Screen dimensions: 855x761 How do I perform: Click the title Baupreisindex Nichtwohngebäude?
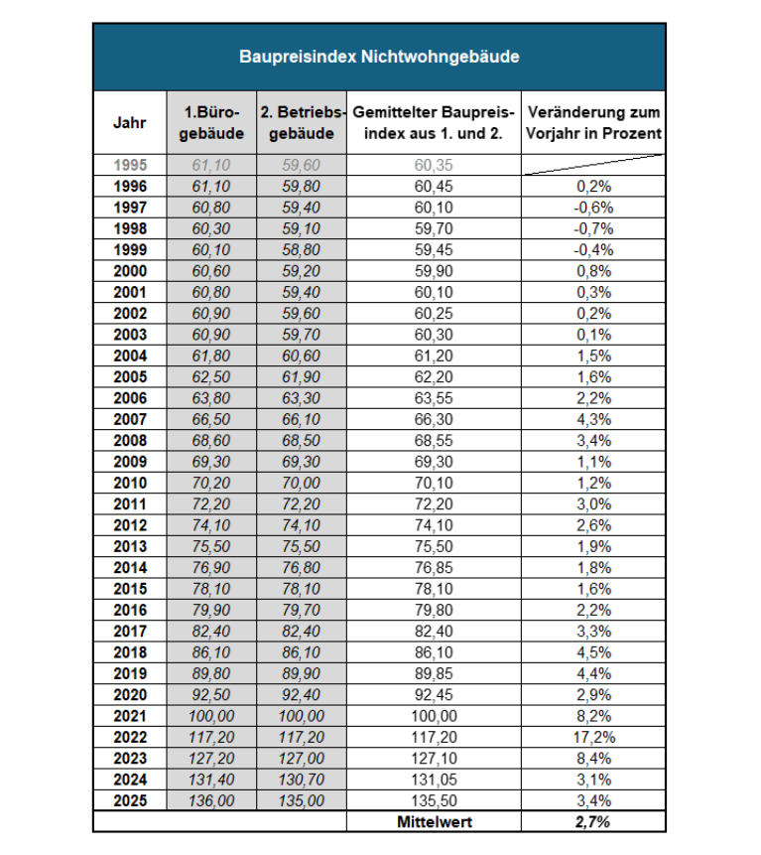[379, 57]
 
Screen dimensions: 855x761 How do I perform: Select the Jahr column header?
[129, 123]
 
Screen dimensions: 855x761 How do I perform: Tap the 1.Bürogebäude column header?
[210, 123]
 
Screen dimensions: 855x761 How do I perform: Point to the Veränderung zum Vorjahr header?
[593, 123]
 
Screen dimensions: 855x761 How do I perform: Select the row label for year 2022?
[130, 737]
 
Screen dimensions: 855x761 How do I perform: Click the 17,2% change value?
[593, 737]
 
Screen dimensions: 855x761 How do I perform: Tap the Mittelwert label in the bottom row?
[434, 821]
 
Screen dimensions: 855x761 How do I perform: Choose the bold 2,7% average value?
[593, 821]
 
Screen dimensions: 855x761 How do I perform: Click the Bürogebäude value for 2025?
[210, 800]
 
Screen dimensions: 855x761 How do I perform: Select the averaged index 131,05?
[434, 780]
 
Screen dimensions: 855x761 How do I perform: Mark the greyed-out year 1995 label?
[130, 165]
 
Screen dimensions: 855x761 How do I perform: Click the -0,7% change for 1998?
[593, 228]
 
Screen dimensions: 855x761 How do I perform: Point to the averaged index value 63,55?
[434, 398]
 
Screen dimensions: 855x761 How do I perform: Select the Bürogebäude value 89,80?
[210, 673]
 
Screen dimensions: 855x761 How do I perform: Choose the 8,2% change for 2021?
[593, 716]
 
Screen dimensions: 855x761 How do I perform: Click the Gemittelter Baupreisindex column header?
[434, 123]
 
